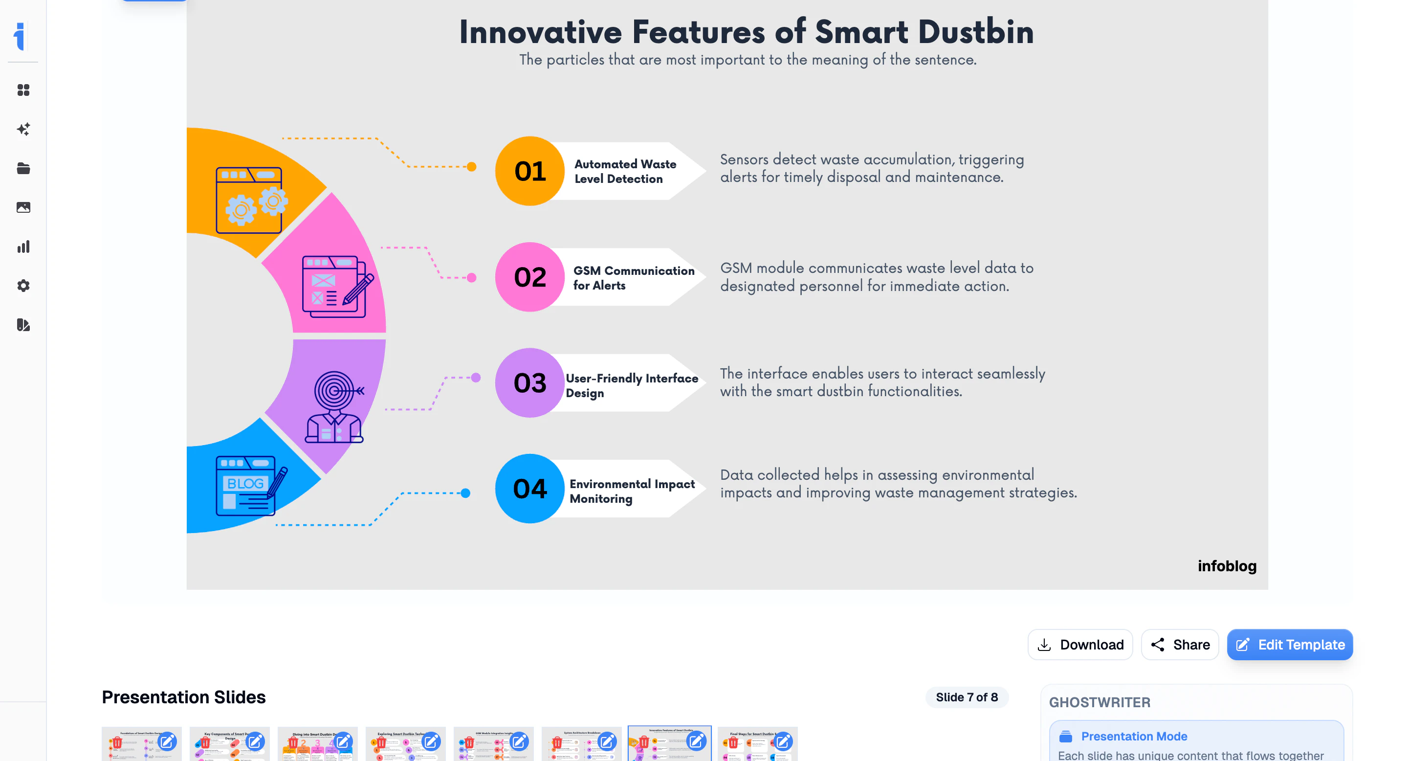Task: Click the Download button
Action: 1080,645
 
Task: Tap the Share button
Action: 1180,645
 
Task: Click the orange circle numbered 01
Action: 529,171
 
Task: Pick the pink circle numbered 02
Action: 529,277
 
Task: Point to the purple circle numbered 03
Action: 529,382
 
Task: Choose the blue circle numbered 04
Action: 529,488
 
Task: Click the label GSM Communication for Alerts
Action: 633,278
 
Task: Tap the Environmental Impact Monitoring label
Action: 631,491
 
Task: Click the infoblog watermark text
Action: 1227,566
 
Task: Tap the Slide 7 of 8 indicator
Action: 967,697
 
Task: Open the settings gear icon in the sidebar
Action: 23,286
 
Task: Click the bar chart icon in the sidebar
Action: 23,246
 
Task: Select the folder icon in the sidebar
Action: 23,168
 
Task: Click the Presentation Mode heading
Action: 1134,737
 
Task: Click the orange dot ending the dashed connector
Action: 471,167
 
